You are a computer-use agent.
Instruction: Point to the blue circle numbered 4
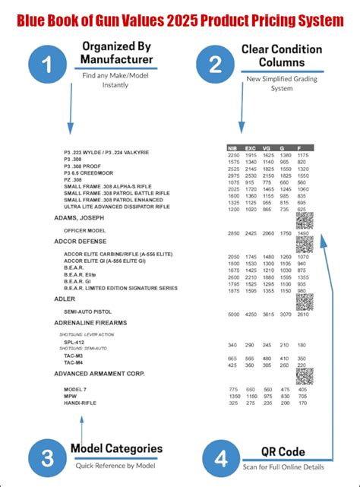point(221,459)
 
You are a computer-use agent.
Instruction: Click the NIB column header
point(234,147)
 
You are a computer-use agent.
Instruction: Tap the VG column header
point(267,147)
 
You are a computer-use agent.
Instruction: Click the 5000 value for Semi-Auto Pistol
point(234,314)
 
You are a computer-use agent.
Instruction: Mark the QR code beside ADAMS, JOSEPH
point(304,220)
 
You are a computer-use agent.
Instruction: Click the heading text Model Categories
point(116,448)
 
